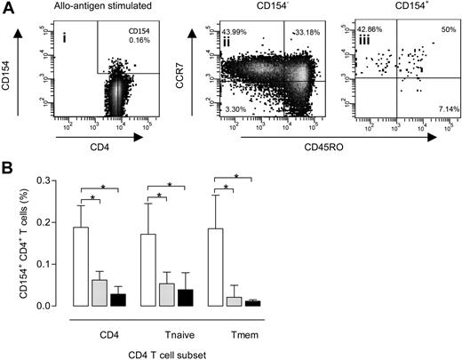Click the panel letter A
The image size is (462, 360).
click(x=7, y=8)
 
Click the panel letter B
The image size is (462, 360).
click(x=7, y=164)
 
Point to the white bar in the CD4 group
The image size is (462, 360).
click(x=105, y=267)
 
